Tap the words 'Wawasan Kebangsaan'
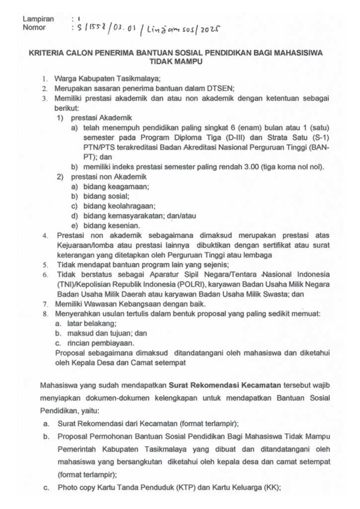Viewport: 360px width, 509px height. click(x=119, y=303)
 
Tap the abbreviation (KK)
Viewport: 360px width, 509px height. click(x=272, y=490)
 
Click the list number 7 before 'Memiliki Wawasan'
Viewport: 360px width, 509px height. click(x=45, y=303)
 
